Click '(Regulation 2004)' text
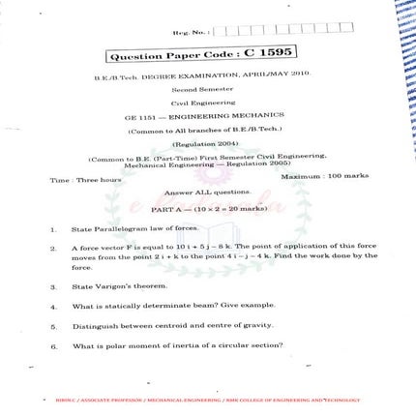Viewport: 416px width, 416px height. (x=206, y=141)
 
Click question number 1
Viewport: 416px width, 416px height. (x=52, y=229)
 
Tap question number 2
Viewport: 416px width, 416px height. (x=52, y=249)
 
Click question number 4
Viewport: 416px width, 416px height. (x=52, y=306)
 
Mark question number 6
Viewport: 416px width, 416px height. (x=52, y=344)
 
